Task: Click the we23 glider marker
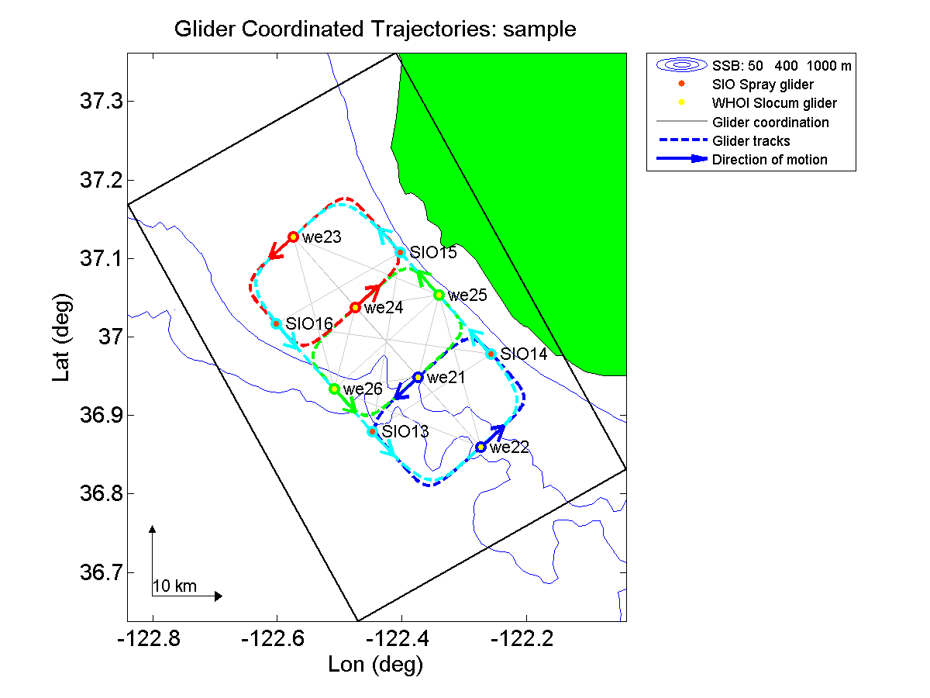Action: point(294,237)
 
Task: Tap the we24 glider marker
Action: point(355,307)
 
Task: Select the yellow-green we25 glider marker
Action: point(439,295)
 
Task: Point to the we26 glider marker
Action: point(334,389)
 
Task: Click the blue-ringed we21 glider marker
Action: point(418,377)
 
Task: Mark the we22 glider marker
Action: point(480,447)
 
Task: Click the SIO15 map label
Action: point(433,253)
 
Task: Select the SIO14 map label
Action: point(524,354)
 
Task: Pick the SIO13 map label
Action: point(405,432)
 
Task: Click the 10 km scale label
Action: point(175,586)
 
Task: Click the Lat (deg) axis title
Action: point(62,337)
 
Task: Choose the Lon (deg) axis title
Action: point(376,665)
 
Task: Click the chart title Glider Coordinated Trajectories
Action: point(376,30)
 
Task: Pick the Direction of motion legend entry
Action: point(770,160)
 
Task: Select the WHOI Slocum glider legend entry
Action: point(774,103)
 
